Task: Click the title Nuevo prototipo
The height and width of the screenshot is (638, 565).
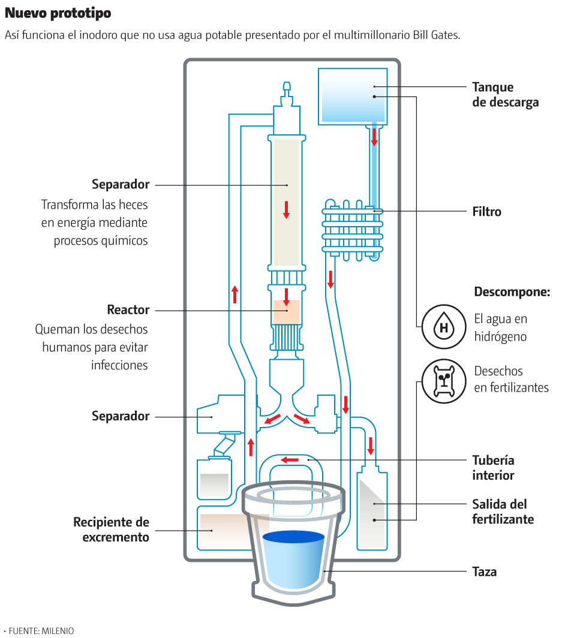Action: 58,13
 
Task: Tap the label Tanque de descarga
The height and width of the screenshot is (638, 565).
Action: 505,95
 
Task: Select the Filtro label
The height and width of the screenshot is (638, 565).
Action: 486,212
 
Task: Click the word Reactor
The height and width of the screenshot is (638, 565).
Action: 128,310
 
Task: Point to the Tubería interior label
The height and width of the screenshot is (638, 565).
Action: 493,468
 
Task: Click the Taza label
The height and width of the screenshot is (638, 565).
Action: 484,571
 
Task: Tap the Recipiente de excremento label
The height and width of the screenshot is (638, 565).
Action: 111,529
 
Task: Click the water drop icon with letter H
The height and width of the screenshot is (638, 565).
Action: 444,327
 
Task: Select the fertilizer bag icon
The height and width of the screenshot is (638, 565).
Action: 444,381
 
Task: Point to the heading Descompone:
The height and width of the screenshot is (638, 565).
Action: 512,293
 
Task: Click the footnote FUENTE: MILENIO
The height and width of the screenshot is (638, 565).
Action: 40,630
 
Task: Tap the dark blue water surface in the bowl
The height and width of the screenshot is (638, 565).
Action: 294,537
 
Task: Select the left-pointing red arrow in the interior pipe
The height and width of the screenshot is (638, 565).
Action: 291,460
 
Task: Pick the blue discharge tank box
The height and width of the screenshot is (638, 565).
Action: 352,95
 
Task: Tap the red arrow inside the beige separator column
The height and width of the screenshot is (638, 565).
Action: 286,209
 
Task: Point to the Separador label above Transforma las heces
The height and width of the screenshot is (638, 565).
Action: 121,183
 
